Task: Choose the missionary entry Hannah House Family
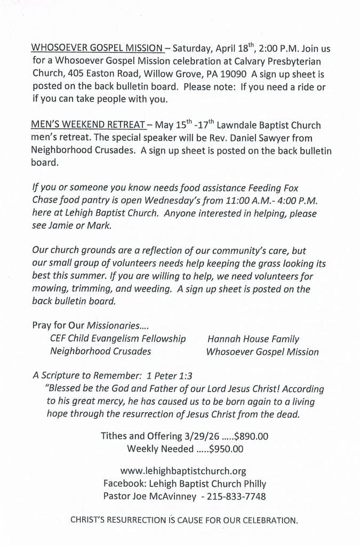pyautogui.click(x=253, y=339)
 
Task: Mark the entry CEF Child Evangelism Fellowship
pyautogui.click(x=117, y=339)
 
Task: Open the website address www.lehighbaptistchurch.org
pyautogui.click(x=183, y=471)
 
